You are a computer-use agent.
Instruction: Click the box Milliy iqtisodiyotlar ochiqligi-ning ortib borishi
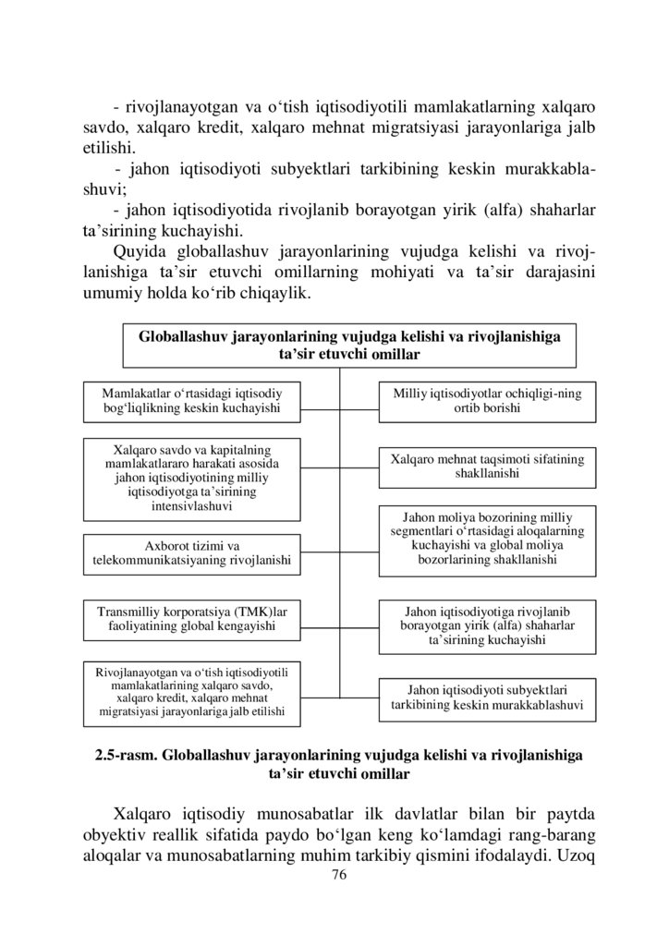coord(487,400)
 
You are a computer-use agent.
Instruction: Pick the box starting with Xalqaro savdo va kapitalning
coord(192,479)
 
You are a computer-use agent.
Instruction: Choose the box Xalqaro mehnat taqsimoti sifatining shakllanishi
coord(487,466)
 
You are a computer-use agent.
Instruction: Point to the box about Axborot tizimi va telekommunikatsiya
coord(192,553)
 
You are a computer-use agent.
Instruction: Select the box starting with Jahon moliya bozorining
coord(487,540)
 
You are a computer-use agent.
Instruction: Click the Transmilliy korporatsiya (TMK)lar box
coord(192,620)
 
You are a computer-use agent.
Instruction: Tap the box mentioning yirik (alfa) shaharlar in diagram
coord(487,625)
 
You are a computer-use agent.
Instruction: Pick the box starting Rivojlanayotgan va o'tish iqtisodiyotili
coord(192,693)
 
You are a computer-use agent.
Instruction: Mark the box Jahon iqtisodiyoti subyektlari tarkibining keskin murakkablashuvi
coord(487,699)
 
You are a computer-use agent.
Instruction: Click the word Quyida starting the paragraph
coord(140,253)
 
